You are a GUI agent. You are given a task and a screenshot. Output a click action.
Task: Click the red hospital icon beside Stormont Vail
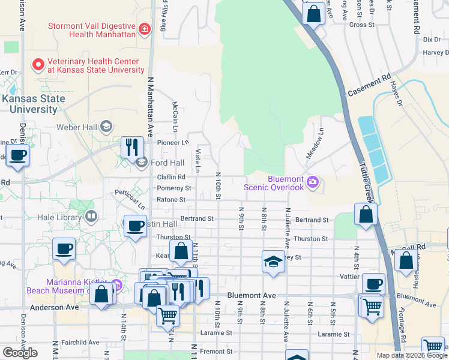click(144, 29)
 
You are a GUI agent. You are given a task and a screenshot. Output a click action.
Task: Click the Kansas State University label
click(31, 104)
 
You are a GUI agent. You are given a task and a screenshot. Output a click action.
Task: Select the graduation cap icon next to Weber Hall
click(106, 126)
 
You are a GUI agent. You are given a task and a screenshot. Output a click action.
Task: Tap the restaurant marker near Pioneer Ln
click(131, 148)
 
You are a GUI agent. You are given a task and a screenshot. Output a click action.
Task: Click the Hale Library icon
click(91, 215)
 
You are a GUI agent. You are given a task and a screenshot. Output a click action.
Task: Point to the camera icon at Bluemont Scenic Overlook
click(312, 182)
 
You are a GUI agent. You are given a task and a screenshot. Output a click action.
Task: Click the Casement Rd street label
click(369, 86)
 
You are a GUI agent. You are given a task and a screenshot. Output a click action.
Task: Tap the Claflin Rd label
click(172, 177)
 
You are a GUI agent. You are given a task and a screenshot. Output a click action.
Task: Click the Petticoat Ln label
click(131, 199)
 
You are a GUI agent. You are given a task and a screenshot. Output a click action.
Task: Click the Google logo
click(20, 353)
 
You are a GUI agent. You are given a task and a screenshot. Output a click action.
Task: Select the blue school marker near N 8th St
click(273, 262)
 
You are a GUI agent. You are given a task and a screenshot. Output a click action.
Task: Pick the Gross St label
click(361, 25)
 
